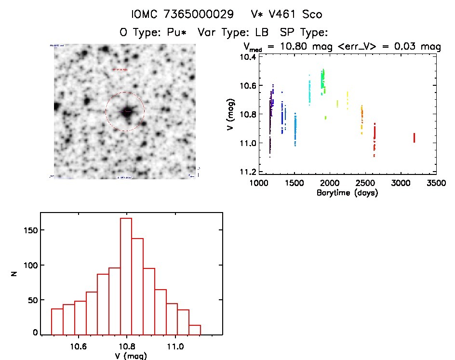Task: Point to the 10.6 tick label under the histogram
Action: [78, 346]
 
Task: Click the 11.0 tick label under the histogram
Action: [175, 346]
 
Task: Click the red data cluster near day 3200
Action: [414, 138]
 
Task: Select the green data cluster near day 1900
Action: [323, 79]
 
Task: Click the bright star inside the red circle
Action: [127, 111]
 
